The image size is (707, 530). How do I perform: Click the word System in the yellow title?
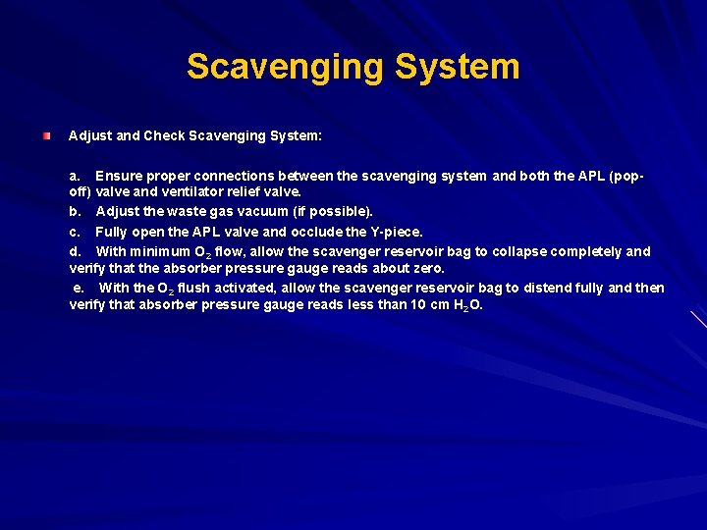pos(458,67)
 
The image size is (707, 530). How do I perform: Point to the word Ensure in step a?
pos(119,177)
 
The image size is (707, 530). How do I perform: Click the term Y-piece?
pos(397,232)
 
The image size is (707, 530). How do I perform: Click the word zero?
pos(426,268)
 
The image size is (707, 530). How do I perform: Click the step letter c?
pos(75,232)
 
